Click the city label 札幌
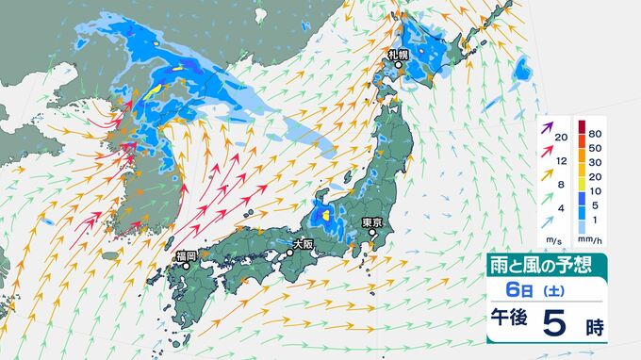397,55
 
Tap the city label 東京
372,222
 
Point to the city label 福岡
186,255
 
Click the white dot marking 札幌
397,66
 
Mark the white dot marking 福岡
186,266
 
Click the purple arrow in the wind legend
547,127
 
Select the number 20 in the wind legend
560,138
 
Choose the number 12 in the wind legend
560,162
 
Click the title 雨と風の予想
545,265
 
